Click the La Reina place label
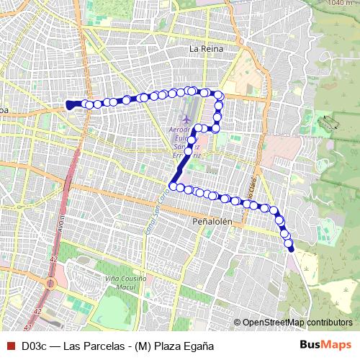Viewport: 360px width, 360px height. point(206,48)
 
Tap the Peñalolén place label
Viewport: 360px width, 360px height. point(212,222)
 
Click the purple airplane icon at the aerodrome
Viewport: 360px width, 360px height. point(186,117)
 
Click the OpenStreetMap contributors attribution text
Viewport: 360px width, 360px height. point(297,323)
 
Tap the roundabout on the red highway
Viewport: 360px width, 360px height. point(51,283)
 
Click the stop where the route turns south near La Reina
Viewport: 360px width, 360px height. point(219,96)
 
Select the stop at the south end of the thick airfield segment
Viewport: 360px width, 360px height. point(173,186)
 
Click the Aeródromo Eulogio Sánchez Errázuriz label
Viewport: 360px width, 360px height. point(186,142)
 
